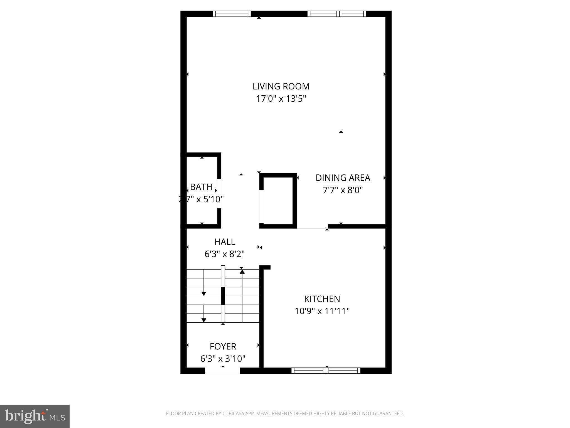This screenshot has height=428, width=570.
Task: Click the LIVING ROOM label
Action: click(x=281, y=86)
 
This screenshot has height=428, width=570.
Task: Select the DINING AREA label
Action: click(x=343, y=178)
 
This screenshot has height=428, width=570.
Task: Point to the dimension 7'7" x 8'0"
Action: click(x=343, y=190)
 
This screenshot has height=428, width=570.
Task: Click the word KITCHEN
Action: click(x=322, y=299)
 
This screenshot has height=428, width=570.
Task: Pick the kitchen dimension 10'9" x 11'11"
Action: click(x=322, y=311)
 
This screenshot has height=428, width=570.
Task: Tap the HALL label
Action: click(x=225, y=242)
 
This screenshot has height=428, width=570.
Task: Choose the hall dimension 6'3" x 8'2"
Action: click(x=225, y=254)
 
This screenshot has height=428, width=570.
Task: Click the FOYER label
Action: click(x=223, y=346)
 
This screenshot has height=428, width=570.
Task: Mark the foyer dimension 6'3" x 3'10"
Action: click(x=223, y=359)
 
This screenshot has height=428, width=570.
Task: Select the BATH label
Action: click(x=201, y=187)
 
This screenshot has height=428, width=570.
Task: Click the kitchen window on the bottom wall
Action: click(x=326, y=371)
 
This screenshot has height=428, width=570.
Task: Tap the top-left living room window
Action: click(x=232, y=14)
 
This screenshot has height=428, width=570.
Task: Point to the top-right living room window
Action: click(x=337, y=14)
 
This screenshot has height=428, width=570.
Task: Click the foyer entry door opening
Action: click(x=222, y=371)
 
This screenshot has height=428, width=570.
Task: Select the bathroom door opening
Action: click(x=219, y=194)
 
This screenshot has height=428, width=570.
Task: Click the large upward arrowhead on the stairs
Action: click(x=242, y=271)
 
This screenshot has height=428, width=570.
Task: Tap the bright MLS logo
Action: click(x=35, y=416)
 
